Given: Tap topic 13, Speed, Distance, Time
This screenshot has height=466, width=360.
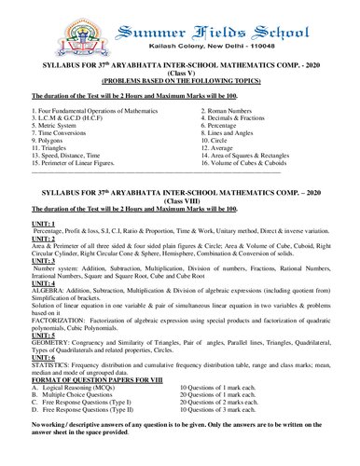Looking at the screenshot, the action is (x=74, y=165).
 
